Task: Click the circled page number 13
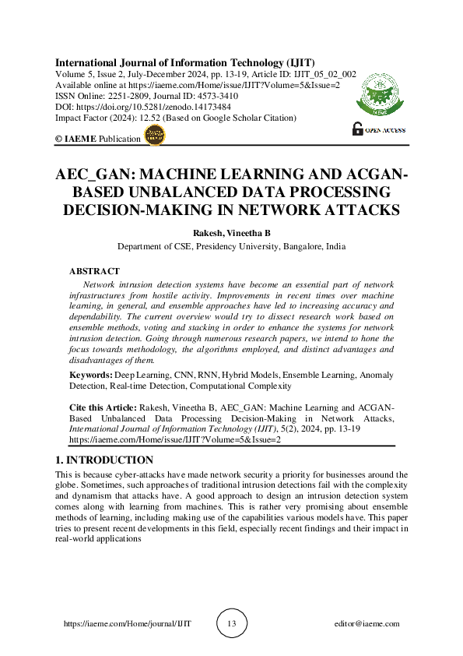coord(231,623)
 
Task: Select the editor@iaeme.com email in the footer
coord(366,623)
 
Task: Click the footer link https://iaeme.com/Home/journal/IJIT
coord(127,623)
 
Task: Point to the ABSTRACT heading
coord(94,271)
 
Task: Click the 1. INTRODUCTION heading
coord(105,460)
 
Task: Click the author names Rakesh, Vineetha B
coord(231,232)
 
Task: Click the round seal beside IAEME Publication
coord(156,136)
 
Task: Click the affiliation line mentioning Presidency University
coord(231,246)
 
